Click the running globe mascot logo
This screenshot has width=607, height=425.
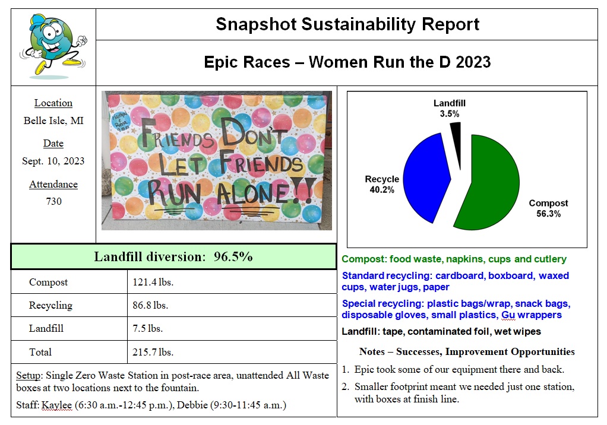[53, 46]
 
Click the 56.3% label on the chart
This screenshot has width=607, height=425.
[549, 214]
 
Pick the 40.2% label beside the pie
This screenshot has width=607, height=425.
[382, 190]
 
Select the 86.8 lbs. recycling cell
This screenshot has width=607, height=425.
[150, 305]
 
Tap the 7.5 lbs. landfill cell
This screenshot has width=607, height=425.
[147, 328]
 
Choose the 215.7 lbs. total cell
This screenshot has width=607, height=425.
[153, 352]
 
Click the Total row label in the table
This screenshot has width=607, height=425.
[40, 352]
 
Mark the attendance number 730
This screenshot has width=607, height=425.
[53, 201]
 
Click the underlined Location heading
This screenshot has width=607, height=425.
[53, 103]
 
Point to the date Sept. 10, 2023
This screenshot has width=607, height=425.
[53, 161]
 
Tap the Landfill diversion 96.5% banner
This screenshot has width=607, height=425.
[173, 256]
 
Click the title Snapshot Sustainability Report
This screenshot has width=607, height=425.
[347, 24]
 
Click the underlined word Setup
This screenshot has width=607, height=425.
[29, 375]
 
